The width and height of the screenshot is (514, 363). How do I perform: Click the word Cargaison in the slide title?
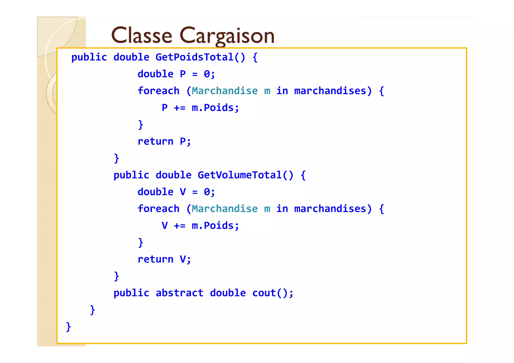pos(227,36)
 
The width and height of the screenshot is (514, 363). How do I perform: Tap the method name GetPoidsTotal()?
pos(200,57)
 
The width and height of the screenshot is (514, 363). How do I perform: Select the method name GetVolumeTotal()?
pos(245,175)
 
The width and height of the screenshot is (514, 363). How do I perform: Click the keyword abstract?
pos(179,293)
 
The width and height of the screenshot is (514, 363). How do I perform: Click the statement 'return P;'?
pos(164,141)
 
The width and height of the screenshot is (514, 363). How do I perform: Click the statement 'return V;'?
pos(164,259)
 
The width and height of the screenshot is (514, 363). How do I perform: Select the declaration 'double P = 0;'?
pos(176,74)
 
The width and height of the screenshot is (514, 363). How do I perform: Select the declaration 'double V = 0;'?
pos(176,192)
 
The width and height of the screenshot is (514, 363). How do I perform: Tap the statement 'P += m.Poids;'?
pos(200,108)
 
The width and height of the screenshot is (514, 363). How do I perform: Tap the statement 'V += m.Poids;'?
pos(200,226)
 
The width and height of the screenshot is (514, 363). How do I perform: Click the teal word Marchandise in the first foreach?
pos(225,91)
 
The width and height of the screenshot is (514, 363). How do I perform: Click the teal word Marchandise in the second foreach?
pos(225,209)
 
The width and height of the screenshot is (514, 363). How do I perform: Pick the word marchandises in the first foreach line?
pos(330,91)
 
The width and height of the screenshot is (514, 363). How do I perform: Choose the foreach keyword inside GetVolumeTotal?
pos(158,209)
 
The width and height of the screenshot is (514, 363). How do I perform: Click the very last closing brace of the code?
pos(68,327)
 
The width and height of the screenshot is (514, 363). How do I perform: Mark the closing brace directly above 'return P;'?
pos(141,125)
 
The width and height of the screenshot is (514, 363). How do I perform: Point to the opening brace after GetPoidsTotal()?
pos(255,57)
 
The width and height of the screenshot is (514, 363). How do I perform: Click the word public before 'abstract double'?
pos(131,293)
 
